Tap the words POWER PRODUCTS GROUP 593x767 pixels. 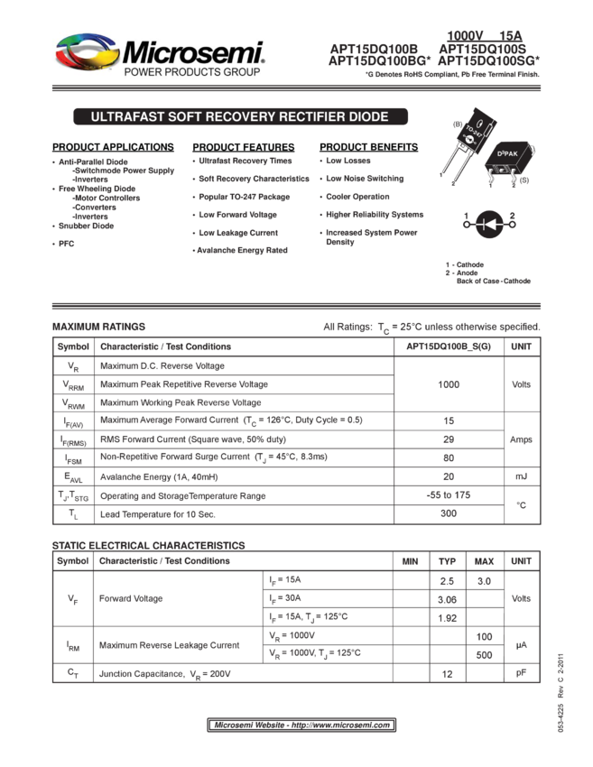(191, 72)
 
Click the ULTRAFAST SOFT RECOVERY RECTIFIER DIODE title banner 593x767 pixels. (239, 117)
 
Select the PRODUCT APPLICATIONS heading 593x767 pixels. (113, 147)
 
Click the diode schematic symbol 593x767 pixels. (488, 220)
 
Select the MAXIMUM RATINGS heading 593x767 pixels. (99, 327)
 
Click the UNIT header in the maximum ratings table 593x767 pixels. (521, 347)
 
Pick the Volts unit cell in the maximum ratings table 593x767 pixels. (521, 384)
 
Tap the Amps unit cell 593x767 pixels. (521, 439)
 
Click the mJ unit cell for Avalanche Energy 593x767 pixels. (521, 476)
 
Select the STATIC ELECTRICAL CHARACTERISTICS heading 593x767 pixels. (149, 546)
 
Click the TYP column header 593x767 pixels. (448, 561)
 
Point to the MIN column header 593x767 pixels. (411, 561)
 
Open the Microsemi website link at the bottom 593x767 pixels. (301, 725)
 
